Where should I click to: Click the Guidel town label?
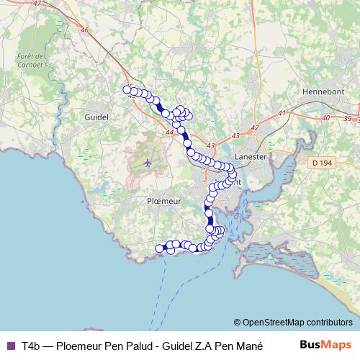point(96,116)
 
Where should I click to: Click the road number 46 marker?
point(85,30)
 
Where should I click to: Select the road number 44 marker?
point(170,132)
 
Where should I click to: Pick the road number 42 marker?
point(254,127)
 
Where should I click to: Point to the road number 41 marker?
point(282,113)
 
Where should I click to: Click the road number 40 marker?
point(325,117)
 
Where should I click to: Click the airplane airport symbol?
point(148,161)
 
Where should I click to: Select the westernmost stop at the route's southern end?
point(159,248)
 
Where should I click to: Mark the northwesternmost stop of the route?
point(127,90)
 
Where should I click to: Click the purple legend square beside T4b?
point(9,346)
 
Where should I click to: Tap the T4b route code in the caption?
point(31,346)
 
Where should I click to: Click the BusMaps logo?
point(325,345)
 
